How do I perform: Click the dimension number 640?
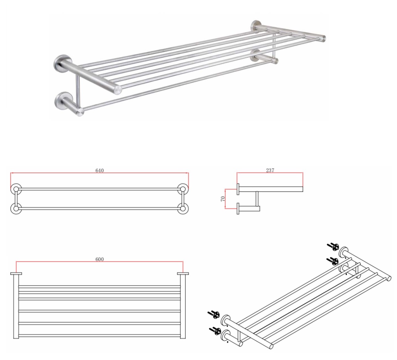[100, 170]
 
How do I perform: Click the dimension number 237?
[270, 170]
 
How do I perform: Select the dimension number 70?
[223, 198]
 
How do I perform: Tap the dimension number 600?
[100, 259]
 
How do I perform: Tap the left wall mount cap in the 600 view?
[16, 274]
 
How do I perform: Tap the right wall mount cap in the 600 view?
[183, 274]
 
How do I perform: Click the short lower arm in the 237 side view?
[249, 209]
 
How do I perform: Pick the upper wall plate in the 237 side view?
[238, 189]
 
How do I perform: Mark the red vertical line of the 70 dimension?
[225, 198]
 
